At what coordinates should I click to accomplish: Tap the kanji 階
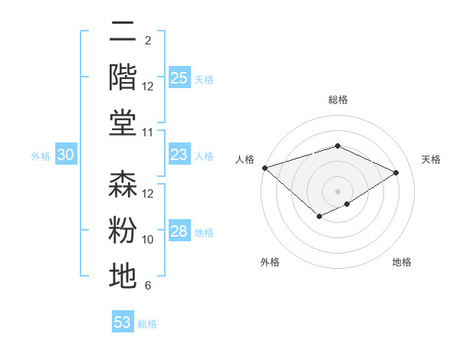click(x=123, y=77)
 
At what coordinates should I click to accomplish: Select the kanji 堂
click(x=123, y=122)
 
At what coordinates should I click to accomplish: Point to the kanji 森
click(x=123, y=185)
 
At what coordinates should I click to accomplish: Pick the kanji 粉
click(x=123, y=230)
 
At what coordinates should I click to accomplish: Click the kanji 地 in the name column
click(x=123, y=275)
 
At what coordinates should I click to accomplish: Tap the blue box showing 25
click(x=179, y=77)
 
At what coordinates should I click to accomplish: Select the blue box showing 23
click(x=179, y=155)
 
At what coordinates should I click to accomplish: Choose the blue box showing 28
click(x=179, y=231)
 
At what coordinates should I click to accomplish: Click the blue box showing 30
click(x=65, y=155)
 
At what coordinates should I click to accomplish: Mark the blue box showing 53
click(x=123, y=322)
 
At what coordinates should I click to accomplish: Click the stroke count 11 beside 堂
click(x=148, y=133)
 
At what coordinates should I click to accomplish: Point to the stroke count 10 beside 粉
click(x=148, y=240)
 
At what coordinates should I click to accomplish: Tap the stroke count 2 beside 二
click(x=148, y=40)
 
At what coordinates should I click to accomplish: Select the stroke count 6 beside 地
click(x=148, y=286)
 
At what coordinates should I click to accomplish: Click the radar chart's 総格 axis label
click(x=337, y=100)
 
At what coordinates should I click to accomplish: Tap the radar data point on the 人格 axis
click(x=264, y=167)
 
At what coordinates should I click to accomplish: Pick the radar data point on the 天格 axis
click(x=396, y=172)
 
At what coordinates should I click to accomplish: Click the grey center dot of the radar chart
click(x=337, y=191)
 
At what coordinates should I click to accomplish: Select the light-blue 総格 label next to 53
click(x=147, y=324)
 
